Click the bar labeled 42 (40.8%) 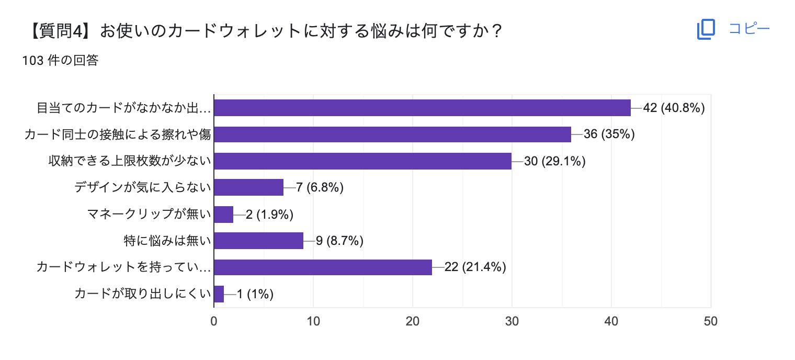click(x=423, y=108)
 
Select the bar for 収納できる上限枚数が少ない click(x=363, y=161)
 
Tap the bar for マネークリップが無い click(x=224, y=214)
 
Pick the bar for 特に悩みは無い click(x=259, y=241)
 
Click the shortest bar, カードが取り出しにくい click(x=219, y=294)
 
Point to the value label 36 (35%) click(x=609, y=134)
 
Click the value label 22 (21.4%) click(x=475, y=267)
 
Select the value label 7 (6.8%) click(x=320, y=187)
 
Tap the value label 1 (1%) click(x=255, y=294)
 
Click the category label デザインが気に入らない click(x=142, y=187)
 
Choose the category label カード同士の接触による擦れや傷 click(x=118, y=134)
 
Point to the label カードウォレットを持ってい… click(x=123, y=267)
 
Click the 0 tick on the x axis click(x=214, y=321)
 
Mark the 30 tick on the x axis click(x=512, y=321)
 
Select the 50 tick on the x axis click(x=710, y=321)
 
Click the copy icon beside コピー click(x=706, y=29)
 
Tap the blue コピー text click(x=749, y=29)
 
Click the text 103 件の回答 click(x=60, y=61)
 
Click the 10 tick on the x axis click(x=313, y=321)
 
